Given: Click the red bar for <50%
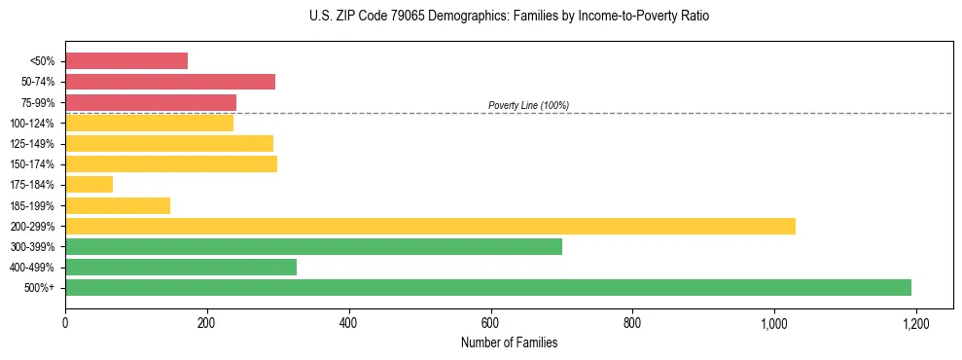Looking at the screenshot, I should click(126, 61).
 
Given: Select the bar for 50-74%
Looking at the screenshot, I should click(170, 82).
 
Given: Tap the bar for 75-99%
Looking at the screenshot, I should click(151, 102).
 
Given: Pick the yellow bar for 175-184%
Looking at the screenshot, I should click(89, 185).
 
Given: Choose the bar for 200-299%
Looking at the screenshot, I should click(430, 226).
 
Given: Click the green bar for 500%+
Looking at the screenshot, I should click(488, 288).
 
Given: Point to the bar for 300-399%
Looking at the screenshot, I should click(313, 247).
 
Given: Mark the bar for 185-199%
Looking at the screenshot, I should click(118, 205).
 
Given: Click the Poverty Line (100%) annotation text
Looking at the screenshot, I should click(528, 105).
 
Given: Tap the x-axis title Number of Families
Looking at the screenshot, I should click(509, 342).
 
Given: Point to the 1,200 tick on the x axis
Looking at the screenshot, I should click(915, 323).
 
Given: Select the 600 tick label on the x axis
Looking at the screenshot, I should click(490, 323).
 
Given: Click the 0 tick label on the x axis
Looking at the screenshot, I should click(65, 323).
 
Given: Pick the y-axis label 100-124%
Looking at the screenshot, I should click(32, 124).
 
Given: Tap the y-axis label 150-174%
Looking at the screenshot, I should click(32, 164).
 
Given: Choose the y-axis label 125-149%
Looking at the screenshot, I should click(32, 144).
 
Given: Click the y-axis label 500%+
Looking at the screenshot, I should click(40, 288).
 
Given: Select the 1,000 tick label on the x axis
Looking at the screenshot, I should click(774, 323).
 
